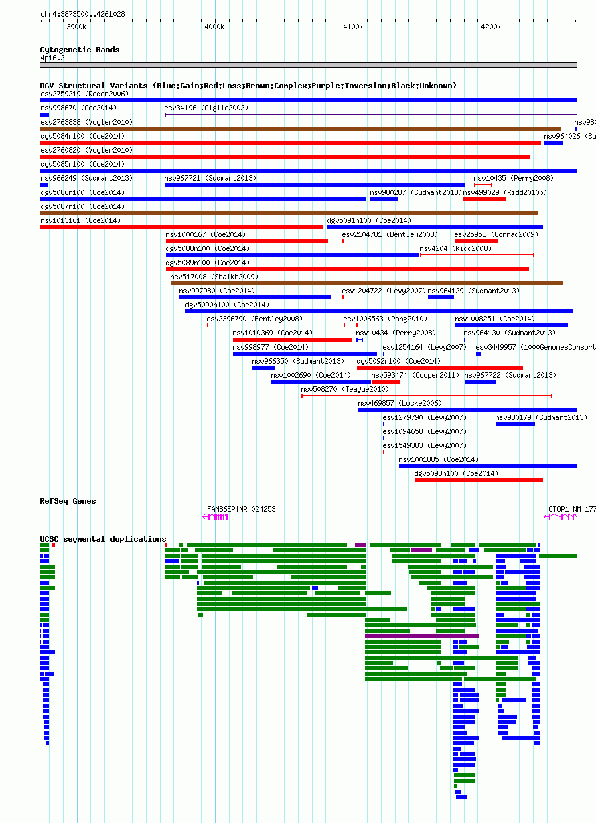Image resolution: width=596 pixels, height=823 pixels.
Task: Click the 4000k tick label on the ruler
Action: [x=214, y=27]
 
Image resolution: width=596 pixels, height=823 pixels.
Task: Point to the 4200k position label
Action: [x=491, y=27]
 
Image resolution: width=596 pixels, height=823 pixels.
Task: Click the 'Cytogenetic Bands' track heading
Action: [x=80, y=50]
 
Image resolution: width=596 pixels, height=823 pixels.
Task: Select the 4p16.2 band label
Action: [x=52, y=58]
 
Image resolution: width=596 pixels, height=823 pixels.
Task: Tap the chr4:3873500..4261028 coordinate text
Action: [x=82, y=14]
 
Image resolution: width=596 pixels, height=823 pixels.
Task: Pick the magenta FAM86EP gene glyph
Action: [x=216, y=517]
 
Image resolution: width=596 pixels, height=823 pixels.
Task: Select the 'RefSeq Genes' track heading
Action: [x=68, y=501]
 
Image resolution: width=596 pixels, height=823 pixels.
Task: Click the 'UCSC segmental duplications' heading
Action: [x=103, y=539]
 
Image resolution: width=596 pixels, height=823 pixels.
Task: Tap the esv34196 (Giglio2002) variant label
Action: [x=206, y=108]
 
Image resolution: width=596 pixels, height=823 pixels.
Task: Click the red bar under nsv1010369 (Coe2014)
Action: [x=293, y=340]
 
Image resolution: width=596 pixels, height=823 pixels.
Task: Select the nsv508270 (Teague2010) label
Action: [x=345, y=389]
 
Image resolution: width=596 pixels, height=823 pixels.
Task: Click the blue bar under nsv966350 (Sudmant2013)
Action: [x=264, y=368]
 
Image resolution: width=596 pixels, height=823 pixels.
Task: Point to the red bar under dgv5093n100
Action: [x=479, y=480]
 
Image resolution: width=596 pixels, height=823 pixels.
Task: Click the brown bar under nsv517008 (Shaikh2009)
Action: [x=366, y=283]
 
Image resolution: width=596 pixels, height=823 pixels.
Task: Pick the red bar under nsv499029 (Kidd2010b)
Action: [x=485, y=199]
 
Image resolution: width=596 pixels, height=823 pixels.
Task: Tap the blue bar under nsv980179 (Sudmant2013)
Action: [x=515, y=424]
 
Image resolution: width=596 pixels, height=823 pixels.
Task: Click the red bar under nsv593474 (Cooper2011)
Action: [x=386, y=382]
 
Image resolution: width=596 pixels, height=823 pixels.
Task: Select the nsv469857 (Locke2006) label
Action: [x=400, y=403]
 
